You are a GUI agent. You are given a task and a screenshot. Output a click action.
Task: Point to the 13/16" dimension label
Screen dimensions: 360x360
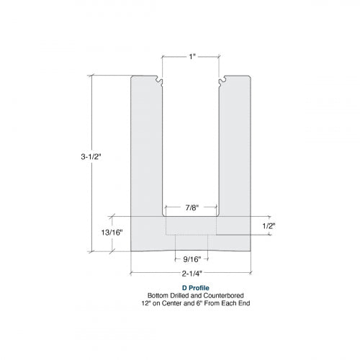coord(112,233)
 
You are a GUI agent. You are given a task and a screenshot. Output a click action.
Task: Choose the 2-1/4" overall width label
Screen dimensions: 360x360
coord(192,274)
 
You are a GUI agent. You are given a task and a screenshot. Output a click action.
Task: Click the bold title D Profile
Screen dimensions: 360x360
coord(191,288)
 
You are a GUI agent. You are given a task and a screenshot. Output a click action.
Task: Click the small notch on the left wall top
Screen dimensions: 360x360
coord(160,81)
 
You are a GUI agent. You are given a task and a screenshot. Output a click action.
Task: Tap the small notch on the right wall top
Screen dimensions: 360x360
coord(222,81)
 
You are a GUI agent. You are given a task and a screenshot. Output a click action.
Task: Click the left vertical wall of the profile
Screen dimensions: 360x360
coord(147,144)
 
